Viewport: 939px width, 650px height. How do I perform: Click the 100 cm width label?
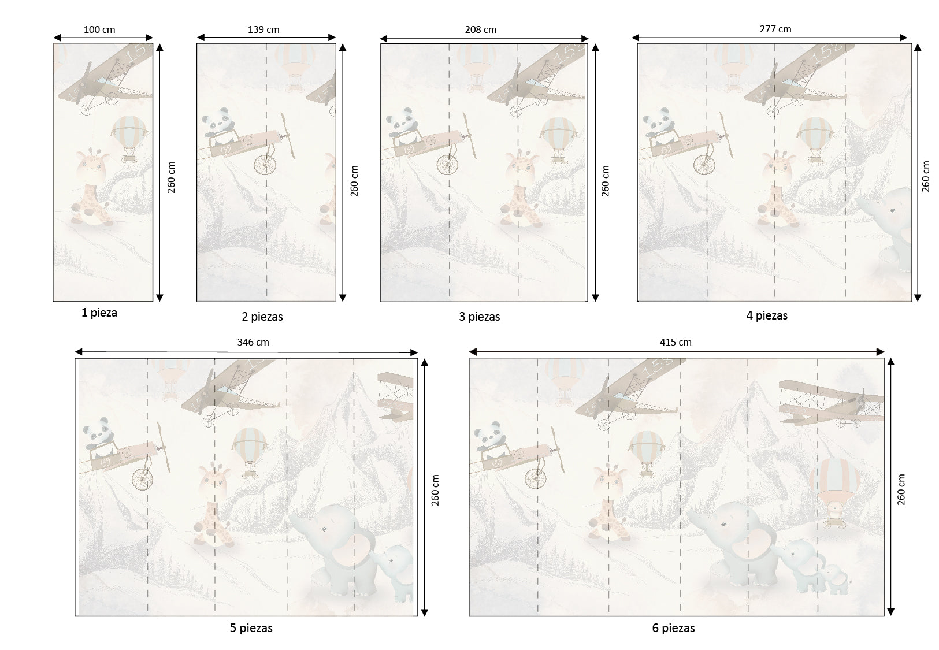coord(99,29)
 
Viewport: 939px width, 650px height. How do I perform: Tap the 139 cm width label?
coord(263,29)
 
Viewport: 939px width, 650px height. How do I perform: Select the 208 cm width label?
coord(480,29)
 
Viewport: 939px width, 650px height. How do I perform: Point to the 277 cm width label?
coord(775,29)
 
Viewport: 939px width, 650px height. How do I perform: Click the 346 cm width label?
coord(253,342)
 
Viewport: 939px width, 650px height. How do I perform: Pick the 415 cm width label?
coord(676,342)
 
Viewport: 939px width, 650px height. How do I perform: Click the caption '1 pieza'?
coord(99,313)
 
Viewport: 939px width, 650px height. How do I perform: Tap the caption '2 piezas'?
coord(262,317)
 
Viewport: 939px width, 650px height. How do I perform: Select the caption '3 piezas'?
coord(479,317)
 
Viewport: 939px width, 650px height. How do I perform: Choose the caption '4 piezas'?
coord(767,315)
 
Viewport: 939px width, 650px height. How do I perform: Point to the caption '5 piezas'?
coord(251,628)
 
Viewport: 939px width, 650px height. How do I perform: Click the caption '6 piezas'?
coord(673,628)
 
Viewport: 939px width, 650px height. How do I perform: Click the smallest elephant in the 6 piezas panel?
coord(833,579)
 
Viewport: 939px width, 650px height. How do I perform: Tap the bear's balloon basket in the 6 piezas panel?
coord(834,522)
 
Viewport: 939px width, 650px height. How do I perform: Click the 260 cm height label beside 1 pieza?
coord(172,177)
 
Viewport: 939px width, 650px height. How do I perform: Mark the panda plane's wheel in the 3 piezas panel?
coord(447,164)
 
